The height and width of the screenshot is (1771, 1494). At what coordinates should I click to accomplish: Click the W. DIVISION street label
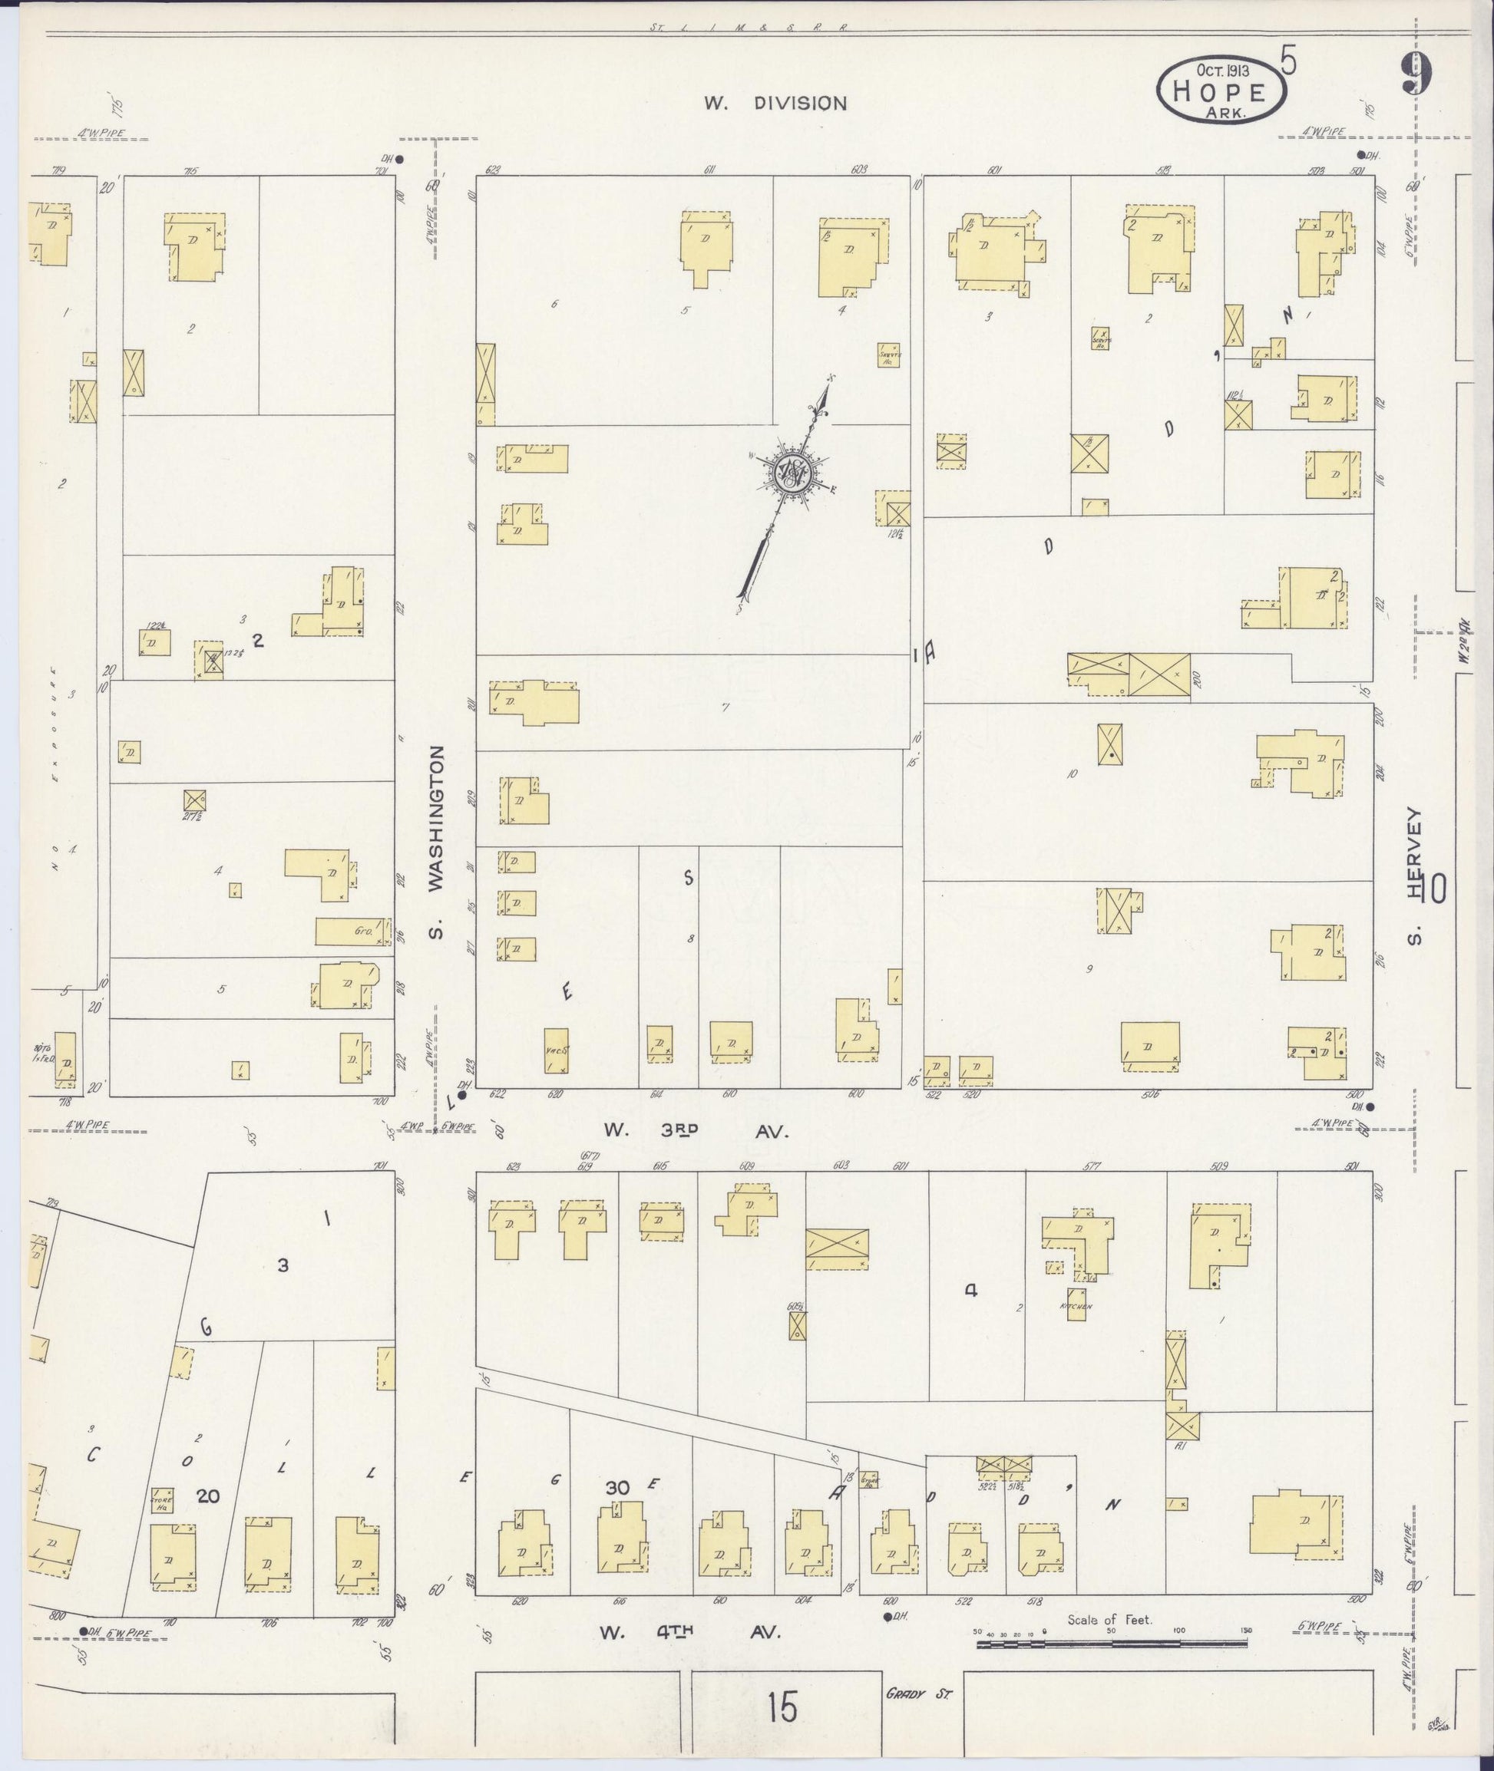click(x=775, y=104)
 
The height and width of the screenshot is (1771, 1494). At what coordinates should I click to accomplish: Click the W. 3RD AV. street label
click(x=696, y=1131)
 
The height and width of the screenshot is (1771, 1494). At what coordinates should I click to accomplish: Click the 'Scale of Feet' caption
click(x=1109, y=1621)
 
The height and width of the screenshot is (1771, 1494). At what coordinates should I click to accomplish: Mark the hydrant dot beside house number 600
click(x=887, y=1617)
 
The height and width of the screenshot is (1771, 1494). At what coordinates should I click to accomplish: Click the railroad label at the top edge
click(x=749, y=27)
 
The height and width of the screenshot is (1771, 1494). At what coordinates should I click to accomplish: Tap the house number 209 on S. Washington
click(x=471, y=797)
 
